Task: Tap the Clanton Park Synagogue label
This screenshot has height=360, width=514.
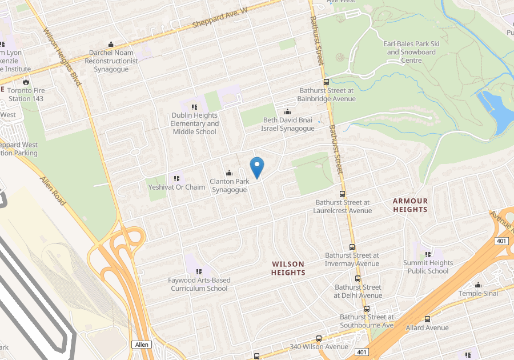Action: pyautogui.click(x=230, y=186)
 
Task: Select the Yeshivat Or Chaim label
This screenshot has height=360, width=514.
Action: pyautogui.click(x=176, y=187)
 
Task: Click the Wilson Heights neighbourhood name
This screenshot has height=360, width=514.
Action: pyautogui.click(x=288, y=268)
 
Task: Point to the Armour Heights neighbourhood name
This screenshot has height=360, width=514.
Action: pyautogui.click(x=410, y=205)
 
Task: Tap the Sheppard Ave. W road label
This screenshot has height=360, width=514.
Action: pyautogui.click(x=220, y=17)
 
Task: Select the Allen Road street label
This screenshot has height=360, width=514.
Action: pyautogui.click(x=53, y=191)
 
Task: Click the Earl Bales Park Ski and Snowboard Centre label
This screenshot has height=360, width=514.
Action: pyautogui.click(x=411, y=52)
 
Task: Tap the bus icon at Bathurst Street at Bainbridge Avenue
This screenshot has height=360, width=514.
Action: pyautogui.click(x=326, y=82)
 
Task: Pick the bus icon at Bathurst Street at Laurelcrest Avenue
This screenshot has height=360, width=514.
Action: pyautogui.click(x=342, y=194)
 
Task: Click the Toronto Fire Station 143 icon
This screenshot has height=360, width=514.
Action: pyautogui.click(x=26, y=82)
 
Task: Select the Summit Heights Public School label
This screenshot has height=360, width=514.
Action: pyautogui.click(x=428, y=267)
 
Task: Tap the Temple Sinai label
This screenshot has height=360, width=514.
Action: pyautogui.click(x=478, y=293)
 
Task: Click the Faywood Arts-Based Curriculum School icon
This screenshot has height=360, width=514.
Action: pyautogui.click(x=198, y=271)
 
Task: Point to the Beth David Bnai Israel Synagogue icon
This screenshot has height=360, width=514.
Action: pyautogui.click(x=287, y=111)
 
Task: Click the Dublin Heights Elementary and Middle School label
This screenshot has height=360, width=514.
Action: pyautogui.click(x=195, y=123)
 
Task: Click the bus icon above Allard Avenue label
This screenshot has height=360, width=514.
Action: pyautogui.click(x=427, y=319)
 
